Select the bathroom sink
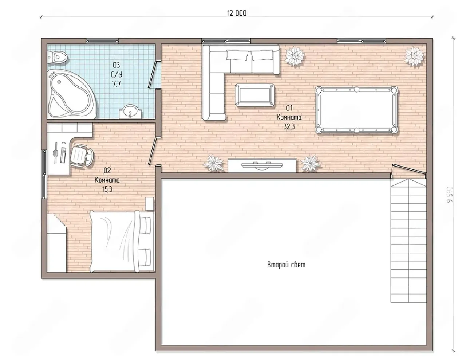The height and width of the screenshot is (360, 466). tap(130, 111)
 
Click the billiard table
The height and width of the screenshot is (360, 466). tap(356, 110)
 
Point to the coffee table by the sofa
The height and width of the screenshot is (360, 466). tap(254, 95)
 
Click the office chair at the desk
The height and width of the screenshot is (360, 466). tap(82, 155)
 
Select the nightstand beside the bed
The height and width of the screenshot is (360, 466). tap(150, 204)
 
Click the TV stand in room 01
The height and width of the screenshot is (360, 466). tap(262, 165)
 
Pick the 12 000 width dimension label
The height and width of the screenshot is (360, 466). tap(237, 13)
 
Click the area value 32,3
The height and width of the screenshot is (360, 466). tap(289, 127)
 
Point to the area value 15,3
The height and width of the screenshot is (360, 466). tap(107, 189)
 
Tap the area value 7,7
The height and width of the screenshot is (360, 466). tap(116, 84)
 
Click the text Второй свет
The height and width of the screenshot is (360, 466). tap(286, 265)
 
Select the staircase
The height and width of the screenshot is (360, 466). tap(408, 240)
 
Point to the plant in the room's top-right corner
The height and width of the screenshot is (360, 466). tap(414, 56)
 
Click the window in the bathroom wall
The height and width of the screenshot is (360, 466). tap(102, 40)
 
